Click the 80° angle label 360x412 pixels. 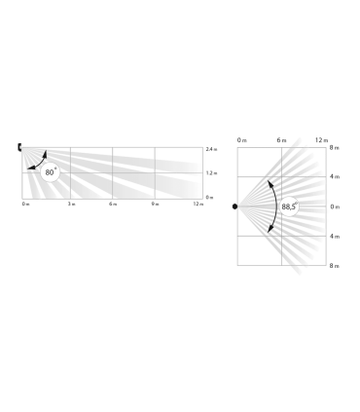click(x=52, y=172)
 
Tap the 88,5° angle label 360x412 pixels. click(x=289, y=206)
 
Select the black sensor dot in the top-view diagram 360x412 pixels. click(x=234, y=206)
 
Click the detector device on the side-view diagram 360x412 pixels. click(x=20, y=147)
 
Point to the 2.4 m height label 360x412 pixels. click(x=211, y=149)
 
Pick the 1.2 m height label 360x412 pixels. click(x=211, y=173)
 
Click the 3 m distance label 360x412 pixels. click(x=71, y=204)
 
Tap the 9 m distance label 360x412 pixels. click(x=155, y=204)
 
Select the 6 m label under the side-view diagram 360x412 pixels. click(x=113, y=204)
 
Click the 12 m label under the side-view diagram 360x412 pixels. click(x=198, y=204)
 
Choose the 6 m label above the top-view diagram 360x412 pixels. click(x=281, y=140)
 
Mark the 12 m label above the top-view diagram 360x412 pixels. click(x=320, y=140)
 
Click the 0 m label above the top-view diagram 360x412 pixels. click(x=242, y=140)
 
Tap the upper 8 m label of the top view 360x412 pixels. click(x=335, y=148)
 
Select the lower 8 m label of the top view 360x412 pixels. click(x=335, y=265)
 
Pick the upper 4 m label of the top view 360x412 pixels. click(x=335, y=177)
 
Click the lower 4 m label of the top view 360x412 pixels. click(x=335, y=236)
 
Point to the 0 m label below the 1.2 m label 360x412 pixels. click(x=210, y=198)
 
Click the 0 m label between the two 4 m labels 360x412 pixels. click(x=335, y=206)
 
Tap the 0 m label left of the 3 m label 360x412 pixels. click(x=25, y=204)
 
